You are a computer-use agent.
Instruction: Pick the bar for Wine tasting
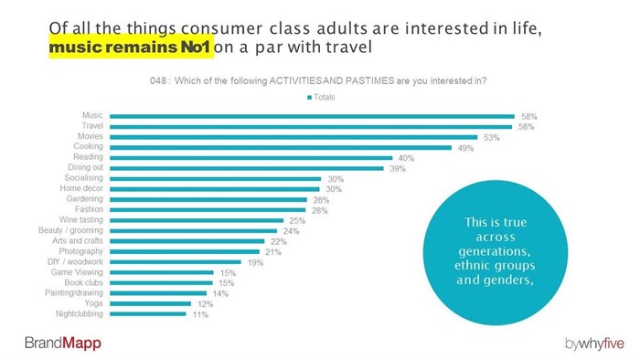(x=197, y=220)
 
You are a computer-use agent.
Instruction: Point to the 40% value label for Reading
(x=407, y=158)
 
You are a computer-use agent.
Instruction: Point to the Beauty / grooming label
(x=75, y=230)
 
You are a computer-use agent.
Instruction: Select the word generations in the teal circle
(x=493, y=250)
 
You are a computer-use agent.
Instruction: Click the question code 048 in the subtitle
(x=162, y=81)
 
